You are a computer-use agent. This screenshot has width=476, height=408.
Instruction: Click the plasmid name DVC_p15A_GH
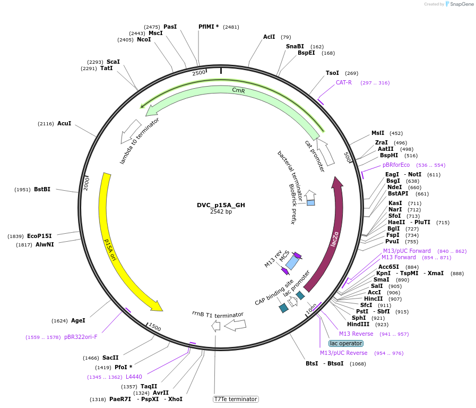point(221,205)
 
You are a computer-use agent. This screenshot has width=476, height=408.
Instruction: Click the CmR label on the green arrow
point(238,90)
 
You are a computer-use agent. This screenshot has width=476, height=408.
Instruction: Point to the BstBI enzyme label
point(42,189)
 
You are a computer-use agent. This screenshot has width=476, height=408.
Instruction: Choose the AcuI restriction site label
point(64,123)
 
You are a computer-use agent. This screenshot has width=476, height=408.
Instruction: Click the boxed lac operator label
point(345,343)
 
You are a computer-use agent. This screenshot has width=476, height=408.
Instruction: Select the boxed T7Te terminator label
point(236,399)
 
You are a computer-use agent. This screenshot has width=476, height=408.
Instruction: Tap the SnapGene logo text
point(460,4)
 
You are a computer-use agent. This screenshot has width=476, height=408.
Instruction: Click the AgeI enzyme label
point(78,320)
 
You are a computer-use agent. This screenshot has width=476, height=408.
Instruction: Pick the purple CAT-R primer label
point(343,82)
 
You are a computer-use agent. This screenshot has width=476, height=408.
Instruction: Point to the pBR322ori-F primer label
point(81,337)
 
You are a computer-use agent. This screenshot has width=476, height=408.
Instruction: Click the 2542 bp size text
point(221,211)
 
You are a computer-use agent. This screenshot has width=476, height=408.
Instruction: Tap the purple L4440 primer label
point(134,377)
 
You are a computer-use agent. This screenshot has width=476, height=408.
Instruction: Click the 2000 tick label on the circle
point(86,183)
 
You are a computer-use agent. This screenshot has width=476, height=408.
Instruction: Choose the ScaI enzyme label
point(113,62)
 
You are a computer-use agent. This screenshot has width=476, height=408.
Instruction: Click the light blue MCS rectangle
point(291,262)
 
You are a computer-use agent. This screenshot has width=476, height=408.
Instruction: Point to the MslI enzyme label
point(378,133)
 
